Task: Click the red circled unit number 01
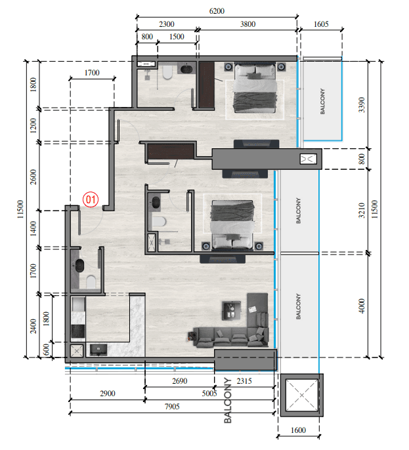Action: point(91,199)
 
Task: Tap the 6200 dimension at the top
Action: point(217,11)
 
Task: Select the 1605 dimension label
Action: point(321,24)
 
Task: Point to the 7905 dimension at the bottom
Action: point(172,407)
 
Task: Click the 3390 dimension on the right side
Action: point(362,105)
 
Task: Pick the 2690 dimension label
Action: point(179,381)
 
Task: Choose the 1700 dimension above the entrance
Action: point(92,73)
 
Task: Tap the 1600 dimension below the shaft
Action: point(298,430)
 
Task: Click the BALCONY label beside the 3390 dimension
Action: point(322,101)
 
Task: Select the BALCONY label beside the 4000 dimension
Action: point(299,306)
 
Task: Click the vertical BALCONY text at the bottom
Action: point(228,400)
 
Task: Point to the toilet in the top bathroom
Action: point(167,73)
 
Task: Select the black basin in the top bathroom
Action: point(186,69)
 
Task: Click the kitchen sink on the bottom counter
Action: point(98,350)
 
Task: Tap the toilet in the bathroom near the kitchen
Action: point(91,282)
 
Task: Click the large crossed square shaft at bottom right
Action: point(302,395)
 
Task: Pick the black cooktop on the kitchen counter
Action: point(78,331)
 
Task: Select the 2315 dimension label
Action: point(244,381)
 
